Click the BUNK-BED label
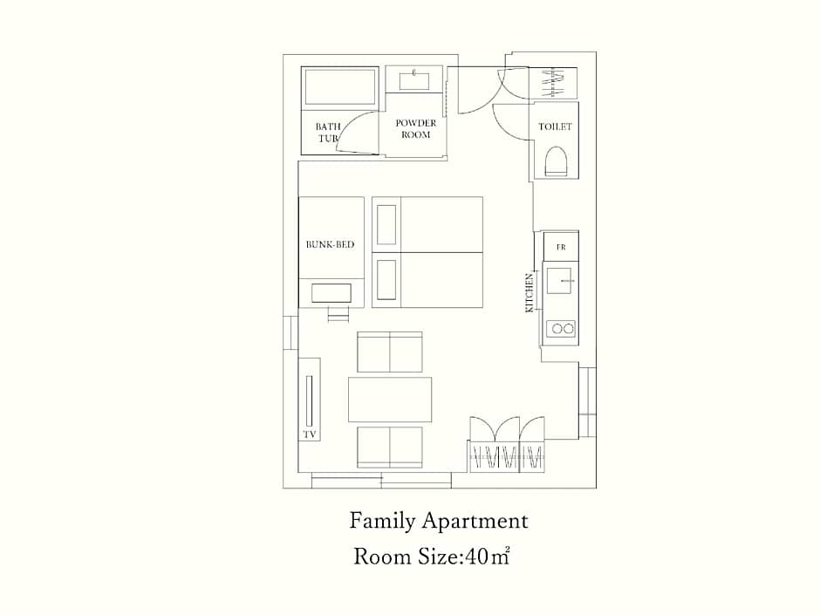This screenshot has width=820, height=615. [330, 244]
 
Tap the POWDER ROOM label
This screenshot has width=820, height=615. [416, 128]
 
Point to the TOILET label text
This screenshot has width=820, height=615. [556, 126]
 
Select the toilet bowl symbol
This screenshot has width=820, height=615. [556, 161]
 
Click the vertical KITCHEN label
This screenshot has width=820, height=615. [530, 293]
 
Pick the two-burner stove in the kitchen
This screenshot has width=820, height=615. [561, 328]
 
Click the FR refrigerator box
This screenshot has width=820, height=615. [561, 247]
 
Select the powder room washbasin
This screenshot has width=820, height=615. [414, 81]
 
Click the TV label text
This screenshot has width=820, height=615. [310, 434]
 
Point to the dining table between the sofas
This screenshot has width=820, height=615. [390, 400]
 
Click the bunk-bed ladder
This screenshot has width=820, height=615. [338, 314]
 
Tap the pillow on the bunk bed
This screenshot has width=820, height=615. [331, 293]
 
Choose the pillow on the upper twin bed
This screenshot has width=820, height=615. [386, 225]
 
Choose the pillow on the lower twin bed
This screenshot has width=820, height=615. [386, 280]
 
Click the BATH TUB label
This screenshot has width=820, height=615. [328, 133]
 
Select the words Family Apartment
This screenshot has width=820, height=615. [439, 521]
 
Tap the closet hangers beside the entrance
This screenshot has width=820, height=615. [553, 83]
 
